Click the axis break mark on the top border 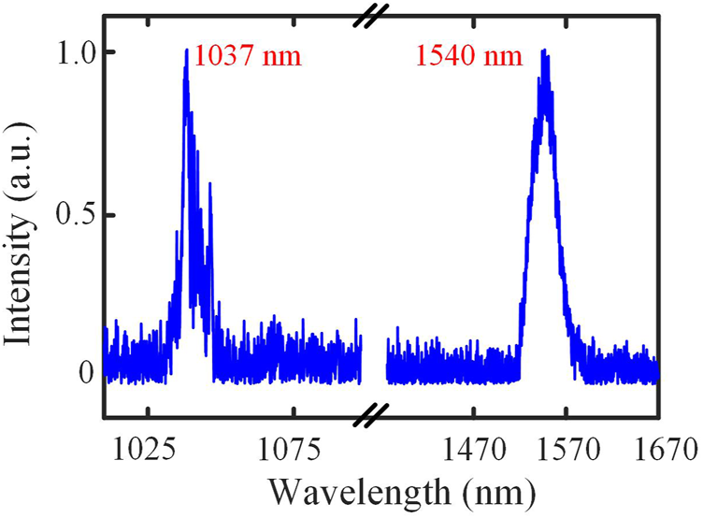coord(374,15)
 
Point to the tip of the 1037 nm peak coord(187,50)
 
